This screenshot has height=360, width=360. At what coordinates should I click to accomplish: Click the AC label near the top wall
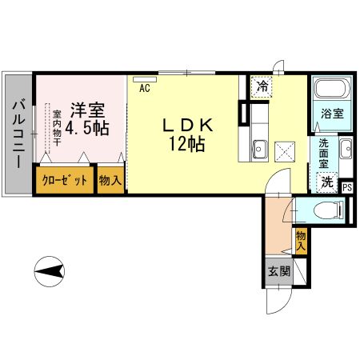pyautogui.click(x=145, y=89)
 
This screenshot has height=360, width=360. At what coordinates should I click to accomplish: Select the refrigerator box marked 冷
pyautogui.click(x=262, y=85)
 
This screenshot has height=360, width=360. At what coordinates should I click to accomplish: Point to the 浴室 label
pyautogui.click(x=332, y=113)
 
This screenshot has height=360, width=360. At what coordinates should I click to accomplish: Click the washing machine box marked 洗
pyautogui.click(x=327, y=182)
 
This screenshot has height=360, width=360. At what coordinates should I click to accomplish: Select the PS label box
pyautogui.click(x=346, y=188)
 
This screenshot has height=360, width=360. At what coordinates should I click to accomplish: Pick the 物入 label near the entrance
pyautogui.click(x=301, y=240)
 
